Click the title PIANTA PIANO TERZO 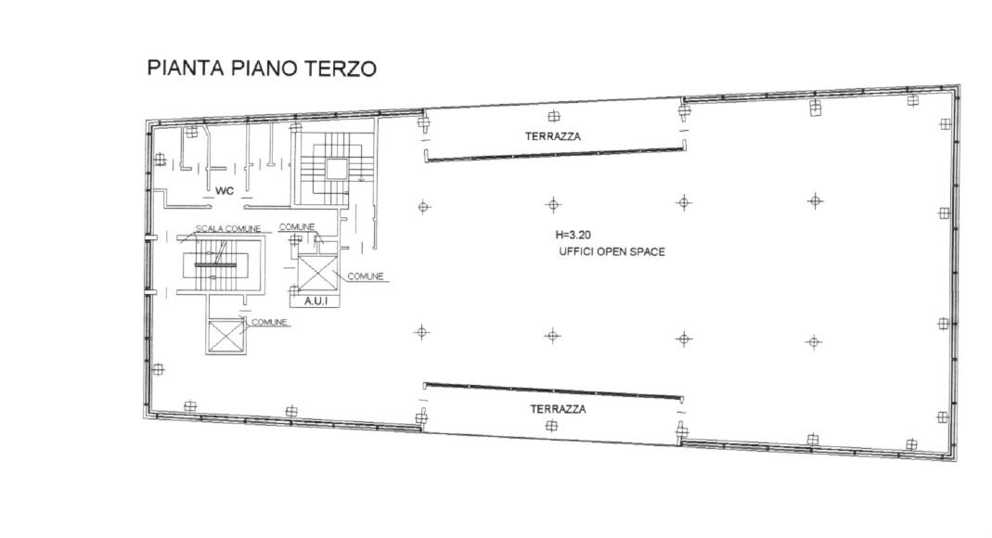[x=262, y=70]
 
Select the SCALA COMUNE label [x=227, y=228]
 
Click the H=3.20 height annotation [x=572, y=236]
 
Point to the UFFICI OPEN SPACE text [x=612, y=252]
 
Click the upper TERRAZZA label [x=553, y=135]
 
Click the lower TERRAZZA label [x=559, y=408]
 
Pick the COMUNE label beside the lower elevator [x=270, y=322]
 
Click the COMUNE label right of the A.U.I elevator [x=367, y=276]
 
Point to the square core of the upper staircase [x=334, y=168]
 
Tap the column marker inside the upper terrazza [x=554, y=117]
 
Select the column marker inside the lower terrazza [x=552, y=426]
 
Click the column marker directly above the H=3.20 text [x=553, y=204]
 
